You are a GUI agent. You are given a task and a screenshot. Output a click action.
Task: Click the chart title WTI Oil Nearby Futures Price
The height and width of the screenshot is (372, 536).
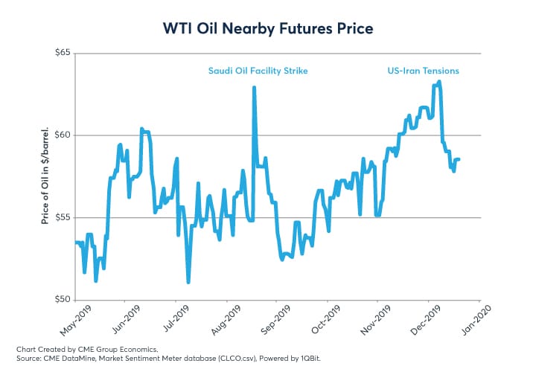click(x=268, y=28)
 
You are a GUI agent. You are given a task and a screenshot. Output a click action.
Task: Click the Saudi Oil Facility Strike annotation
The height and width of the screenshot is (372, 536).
click(x=258, y=71)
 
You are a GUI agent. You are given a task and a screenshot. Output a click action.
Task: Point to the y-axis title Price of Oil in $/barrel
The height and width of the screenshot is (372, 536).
click(x=46, y=176)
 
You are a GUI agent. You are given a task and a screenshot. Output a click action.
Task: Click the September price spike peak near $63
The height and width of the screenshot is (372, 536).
click(x=255, y=88)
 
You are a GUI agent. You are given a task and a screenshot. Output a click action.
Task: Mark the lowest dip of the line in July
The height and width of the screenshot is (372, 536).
click(x=188, y=282)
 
